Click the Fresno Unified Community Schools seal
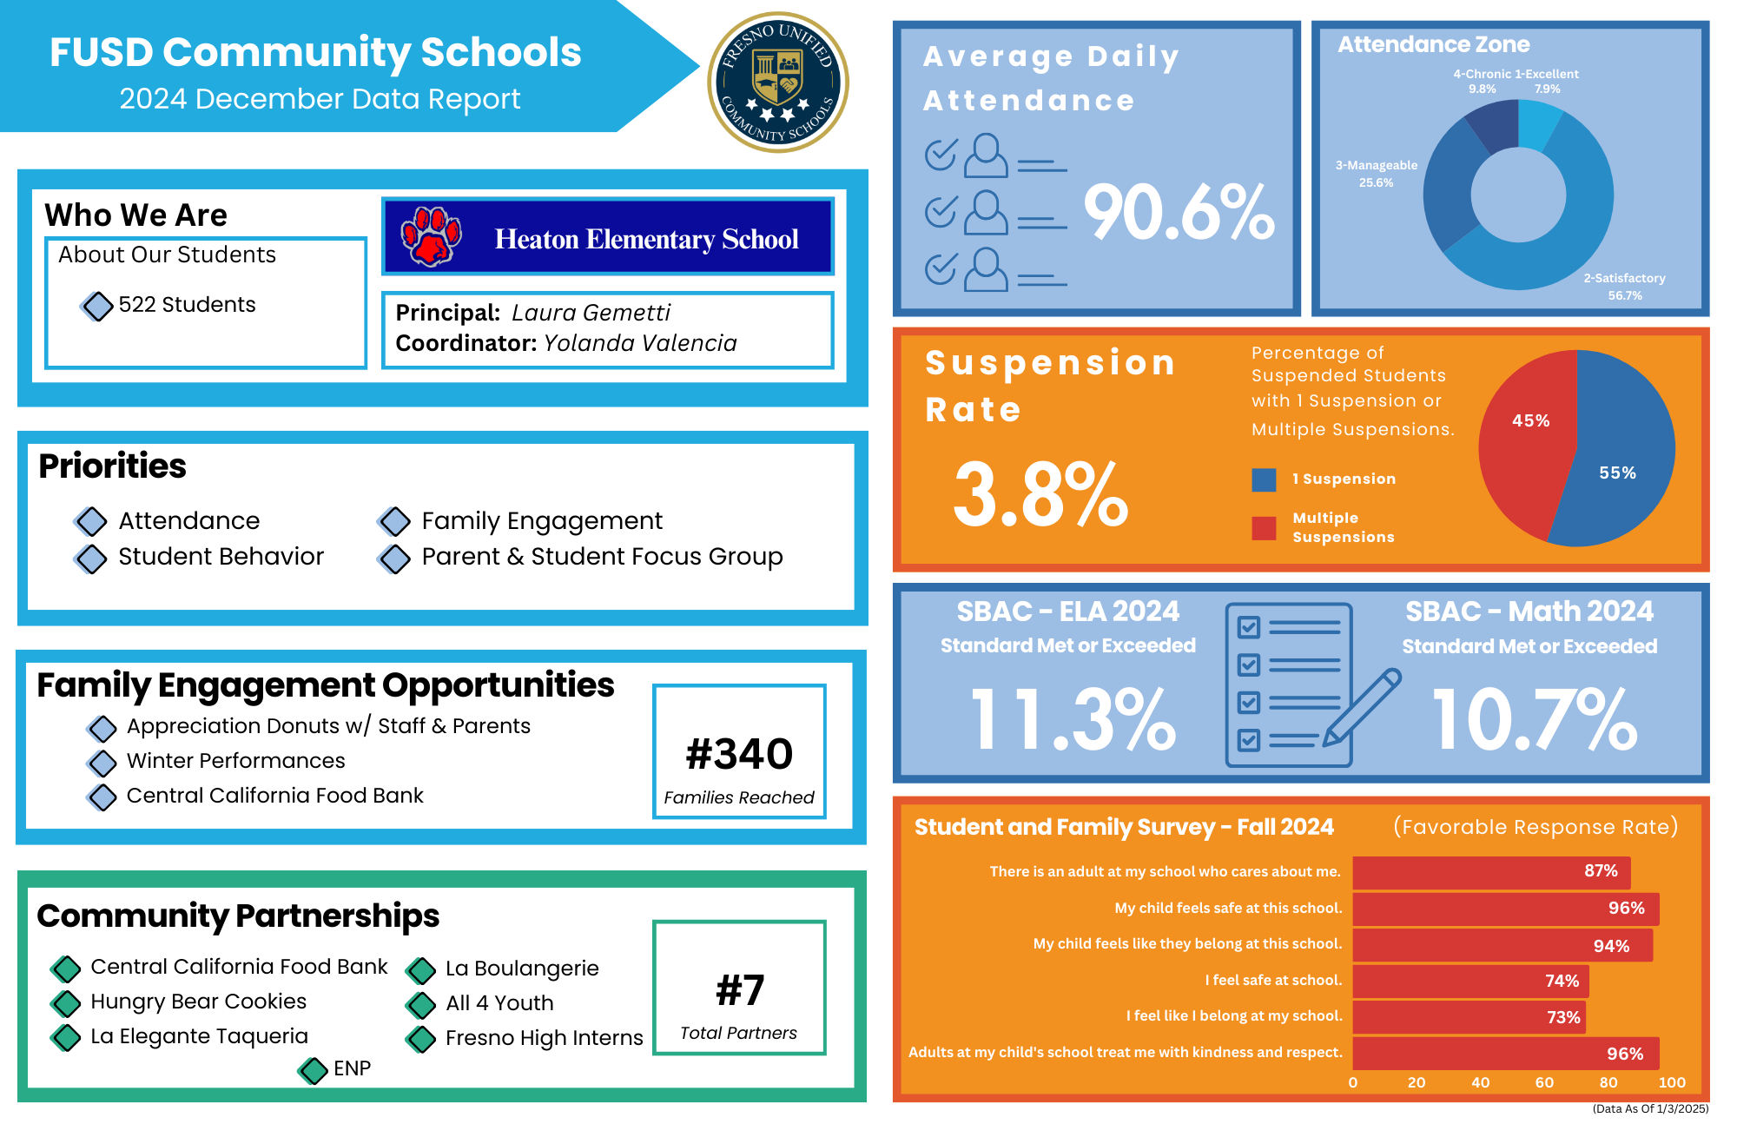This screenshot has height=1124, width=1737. (778, 83)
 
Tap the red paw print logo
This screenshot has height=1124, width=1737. (431, 235)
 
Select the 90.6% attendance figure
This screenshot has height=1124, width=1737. (1179, 213)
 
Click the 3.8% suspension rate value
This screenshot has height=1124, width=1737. (1040, 495)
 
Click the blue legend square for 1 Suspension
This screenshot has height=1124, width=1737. (1264, 479)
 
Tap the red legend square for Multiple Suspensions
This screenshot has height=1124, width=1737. (1264, 528)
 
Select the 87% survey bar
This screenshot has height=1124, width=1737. (1491, 872)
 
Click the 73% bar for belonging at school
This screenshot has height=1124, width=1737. (1469, 1017)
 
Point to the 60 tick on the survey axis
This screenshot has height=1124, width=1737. (1544, 1083)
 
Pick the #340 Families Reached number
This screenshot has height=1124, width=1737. (739, 754)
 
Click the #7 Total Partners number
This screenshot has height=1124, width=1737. (740, 990)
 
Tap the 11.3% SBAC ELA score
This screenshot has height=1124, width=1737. (1073, 720)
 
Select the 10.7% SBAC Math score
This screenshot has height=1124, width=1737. (1535, 720)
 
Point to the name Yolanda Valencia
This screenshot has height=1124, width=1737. (640, 343)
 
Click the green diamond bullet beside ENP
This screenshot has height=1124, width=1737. (313, 1070)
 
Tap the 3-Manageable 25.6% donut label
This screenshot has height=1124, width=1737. (1376, 174)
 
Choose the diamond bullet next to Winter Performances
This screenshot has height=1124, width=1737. (102, 763)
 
